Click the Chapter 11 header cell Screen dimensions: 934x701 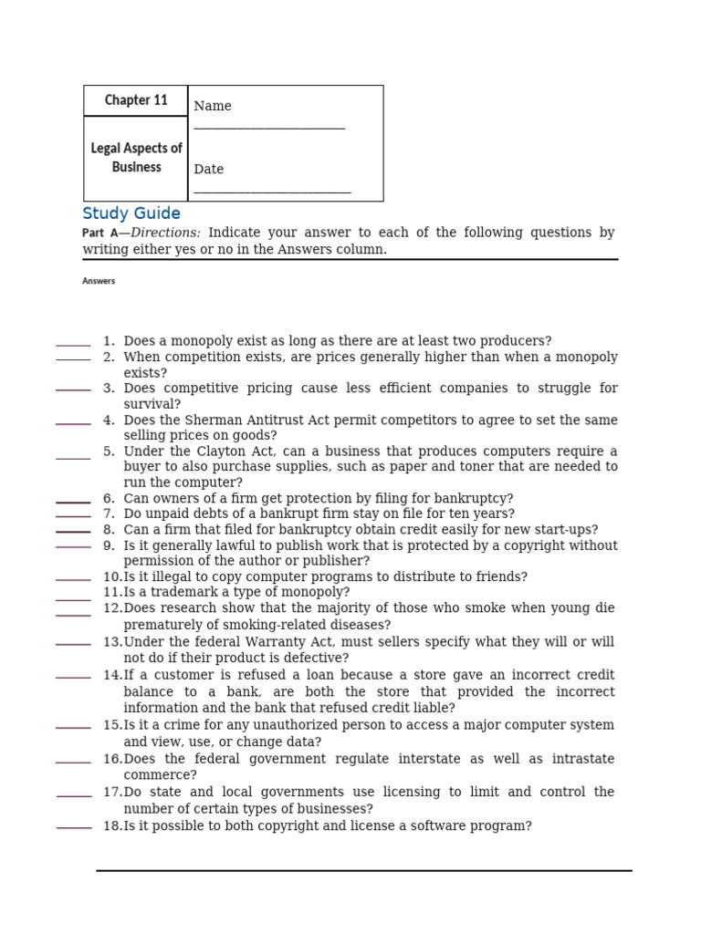pos(136,100)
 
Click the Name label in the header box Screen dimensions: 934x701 pos(213,106)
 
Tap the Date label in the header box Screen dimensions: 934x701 pos(208,169)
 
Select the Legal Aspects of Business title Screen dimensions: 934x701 pos(136,158)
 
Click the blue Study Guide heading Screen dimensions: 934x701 pos(131,213)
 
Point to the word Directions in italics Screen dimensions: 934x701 pos(165,233)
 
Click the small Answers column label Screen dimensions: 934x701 pos(99,281)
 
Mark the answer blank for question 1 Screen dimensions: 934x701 pos(73,345)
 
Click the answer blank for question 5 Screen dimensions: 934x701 pos(73,457)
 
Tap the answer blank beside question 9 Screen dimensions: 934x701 pos(73,546)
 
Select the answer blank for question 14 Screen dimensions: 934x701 pos(73,677)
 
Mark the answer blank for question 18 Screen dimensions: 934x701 pos(74,827)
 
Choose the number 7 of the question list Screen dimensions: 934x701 pos(109,514)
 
